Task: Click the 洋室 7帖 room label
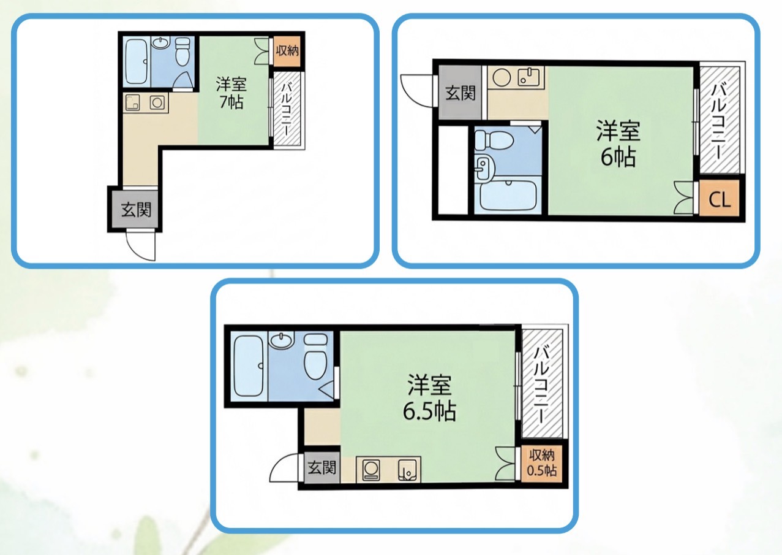pyautogui.click(x=231, y=93)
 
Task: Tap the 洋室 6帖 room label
pyautogui.click(x=618, y=144)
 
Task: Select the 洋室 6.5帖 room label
pyautogui.click(x=429, y=397)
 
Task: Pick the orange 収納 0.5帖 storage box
pyautogui.click(x=541, y=463)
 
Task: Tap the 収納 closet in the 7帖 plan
pyautogui.click(x=287, y=51)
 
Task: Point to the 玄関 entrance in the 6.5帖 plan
pyautogui.click(x=321, y=467)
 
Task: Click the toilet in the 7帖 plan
pyautogui.click(x=182, y=52)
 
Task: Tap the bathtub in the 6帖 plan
pyautogui.click(x=508, y=196)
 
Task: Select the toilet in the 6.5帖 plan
pyautogui.click(x=315, y=356)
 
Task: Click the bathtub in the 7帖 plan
pyautogui.click(x=136, y=61)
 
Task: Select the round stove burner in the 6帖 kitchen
pyautogui.click(x=502, y=77)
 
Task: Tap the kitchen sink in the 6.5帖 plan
pyautogui.click(x=407, y=470)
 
